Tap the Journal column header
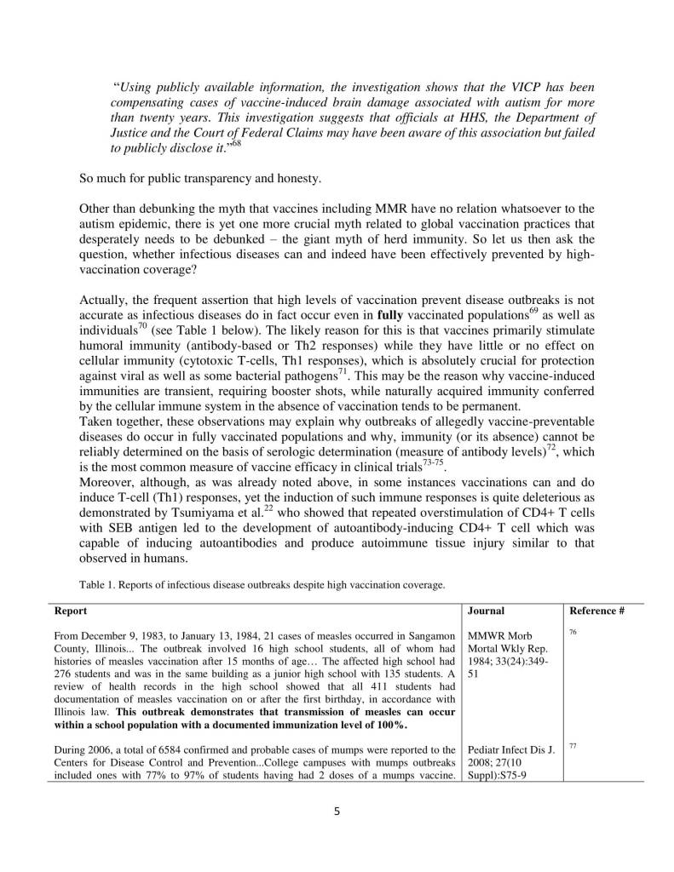(487, 611)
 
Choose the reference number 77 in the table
(572, 744)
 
